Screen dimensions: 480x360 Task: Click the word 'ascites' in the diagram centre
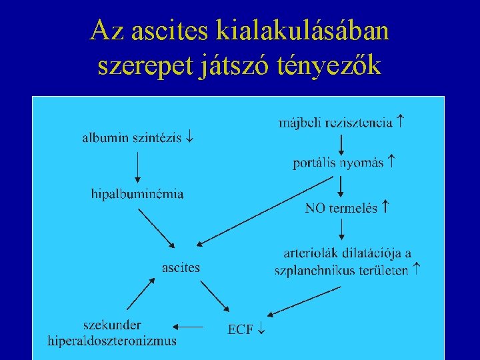[181, 268]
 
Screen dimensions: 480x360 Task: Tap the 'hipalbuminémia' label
[137, 194]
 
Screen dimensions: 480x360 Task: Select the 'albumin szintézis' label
[133, 138]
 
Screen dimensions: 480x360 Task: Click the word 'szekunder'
[112, 325]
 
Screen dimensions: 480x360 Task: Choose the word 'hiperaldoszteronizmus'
[112, 341]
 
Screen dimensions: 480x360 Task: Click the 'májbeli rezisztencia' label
[335, 123]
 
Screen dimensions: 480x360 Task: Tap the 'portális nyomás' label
[339, 163]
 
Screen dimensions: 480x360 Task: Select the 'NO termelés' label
[341, 208]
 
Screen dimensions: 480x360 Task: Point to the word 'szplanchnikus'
[313, 271]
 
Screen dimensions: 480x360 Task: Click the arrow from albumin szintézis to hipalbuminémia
[137, 167]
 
